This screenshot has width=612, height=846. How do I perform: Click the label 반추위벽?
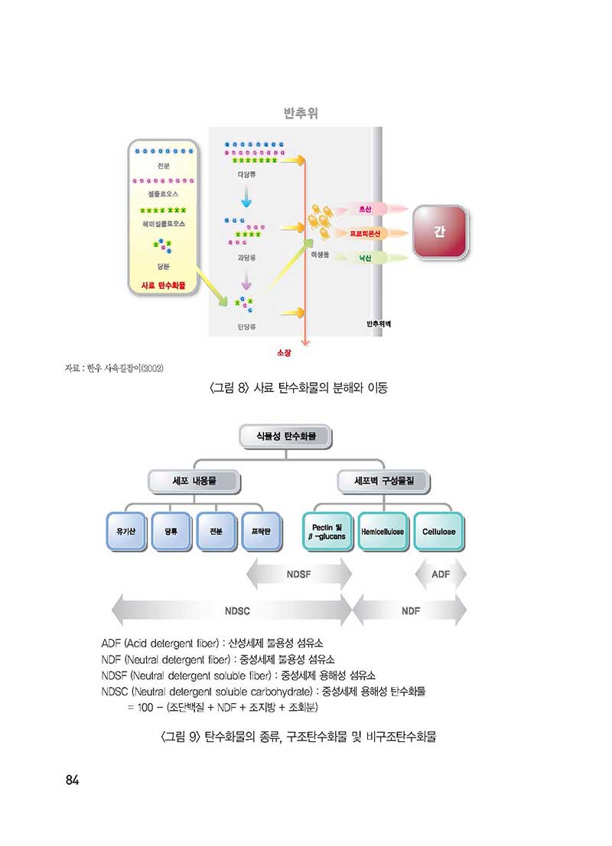click(x=379, y=324)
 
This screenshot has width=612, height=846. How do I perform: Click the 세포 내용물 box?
click(x=194, y=481)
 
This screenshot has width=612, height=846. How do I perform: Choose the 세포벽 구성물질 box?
click(x=382, y=481)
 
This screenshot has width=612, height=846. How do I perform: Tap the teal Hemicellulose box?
click(x=382, y=531)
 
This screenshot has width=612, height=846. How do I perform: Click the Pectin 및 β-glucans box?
click(x=328, y=531)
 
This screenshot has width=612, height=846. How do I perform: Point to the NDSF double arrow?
click(x=299, y=574)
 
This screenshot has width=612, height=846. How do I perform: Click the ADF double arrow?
click(x=441, y=574)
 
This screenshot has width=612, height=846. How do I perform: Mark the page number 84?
click(x=73, y=780)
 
